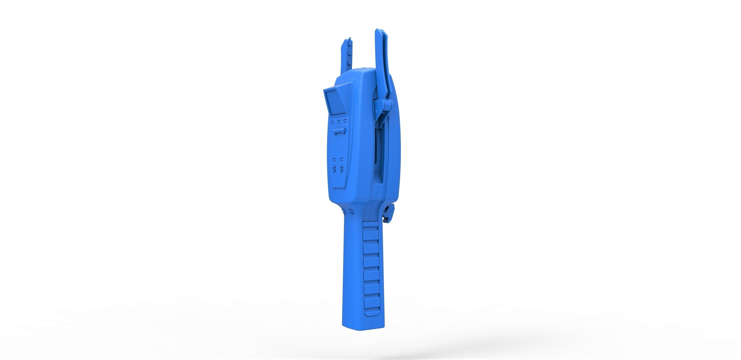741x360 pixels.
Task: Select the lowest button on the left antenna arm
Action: point(349,62)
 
